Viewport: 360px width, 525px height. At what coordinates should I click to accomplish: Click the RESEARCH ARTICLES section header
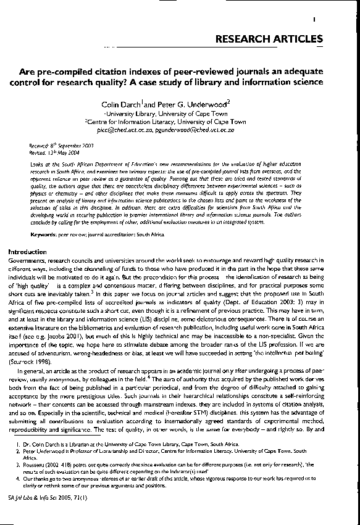pos(269,39)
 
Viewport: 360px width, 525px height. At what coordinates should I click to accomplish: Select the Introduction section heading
pos(27,252)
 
